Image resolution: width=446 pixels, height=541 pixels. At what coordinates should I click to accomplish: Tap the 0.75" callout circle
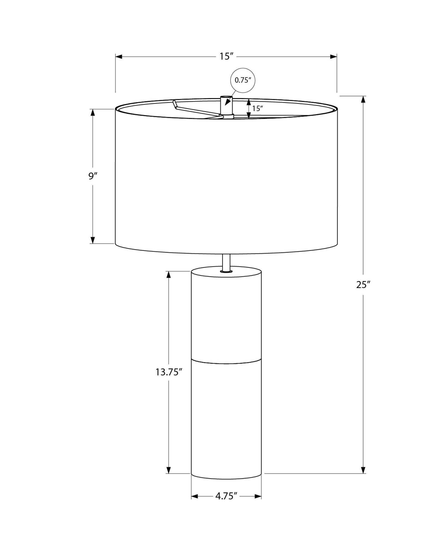tap(243, 80)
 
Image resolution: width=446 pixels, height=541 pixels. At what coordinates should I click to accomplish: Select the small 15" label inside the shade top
tap(257, 108)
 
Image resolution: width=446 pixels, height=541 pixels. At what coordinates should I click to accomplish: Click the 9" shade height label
tap(93, 176)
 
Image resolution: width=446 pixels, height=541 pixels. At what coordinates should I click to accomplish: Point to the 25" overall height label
tap(363, 285)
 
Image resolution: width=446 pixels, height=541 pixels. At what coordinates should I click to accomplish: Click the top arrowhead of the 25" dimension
tap(363, 100)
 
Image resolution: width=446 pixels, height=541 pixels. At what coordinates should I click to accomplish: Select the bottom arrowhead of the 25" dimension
tap(363, 470)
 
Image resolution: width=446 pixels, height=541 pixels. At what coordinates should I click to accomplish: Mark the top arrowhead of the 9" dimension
tap(93, 113)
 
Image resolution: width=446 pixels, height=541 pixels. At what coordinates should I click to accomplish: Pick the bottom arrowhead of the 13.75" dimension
tap(169, 470)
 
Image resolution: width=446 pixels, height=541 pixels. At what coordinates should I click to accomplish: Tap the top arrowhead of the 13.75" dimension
tap(169, 275)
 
